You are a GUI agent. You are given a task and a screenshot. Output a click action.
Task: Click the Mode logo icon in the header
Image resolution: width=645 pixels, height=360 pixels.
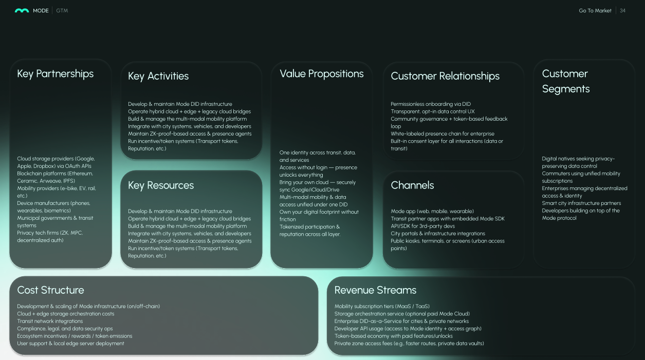22,11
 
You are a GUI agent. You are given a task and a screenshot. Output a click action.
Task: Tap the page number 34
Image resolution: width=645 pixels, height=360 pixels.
623,11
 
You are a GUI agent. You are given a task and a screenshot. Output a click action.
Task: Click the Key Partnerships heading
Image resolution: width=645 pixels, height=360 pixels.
56,74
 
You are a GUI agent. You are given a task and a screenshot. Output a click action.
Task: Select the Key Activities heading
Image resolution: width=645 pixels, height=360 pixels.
158,77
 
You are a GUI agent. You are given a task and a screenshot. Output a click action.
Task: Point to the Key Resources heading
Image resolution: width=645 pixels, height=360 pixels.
161,186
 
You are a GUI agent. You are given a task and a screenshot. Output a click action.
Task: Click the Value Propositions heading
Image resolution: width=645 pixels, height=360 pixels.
322,74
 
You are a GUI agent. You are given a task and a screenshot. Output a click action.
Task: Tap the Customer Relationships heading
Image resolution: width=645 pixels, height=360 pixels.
445,77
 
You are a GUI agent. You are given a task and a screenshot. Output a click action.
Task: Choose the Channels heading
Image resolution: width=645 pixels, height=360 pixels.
412,186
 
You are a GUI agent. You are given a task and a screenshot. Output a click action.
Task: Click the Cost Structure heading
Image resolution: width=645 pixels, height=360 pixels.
50,290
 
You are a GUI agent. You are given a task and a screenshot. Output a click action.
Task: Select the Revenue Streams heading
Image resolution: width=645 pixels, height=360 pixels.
375,290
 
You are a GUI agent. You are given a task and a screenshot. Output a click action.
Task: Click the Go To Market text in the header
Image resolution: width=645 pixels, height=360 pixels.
595,11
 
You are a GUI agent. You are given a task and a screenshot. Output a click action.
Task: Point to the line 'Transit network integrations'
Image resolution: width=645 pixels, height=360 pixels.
50,321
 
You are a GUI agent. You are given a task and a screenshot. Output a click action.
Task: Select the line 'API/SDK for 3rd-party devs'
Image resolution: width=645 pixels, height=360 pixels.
423,226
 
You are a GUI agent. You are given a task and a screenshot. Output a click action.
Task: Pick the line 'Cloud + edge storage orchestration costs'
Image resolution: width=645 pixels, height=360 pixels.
66,314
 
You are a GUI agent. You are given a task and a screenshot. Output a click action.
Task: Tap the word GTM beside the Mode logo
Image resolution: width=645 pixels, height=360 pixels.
62,11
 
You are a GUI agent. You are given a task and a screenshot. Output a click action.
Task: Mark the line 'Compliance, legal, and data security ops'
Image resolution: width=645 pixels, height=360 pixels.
65,329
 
